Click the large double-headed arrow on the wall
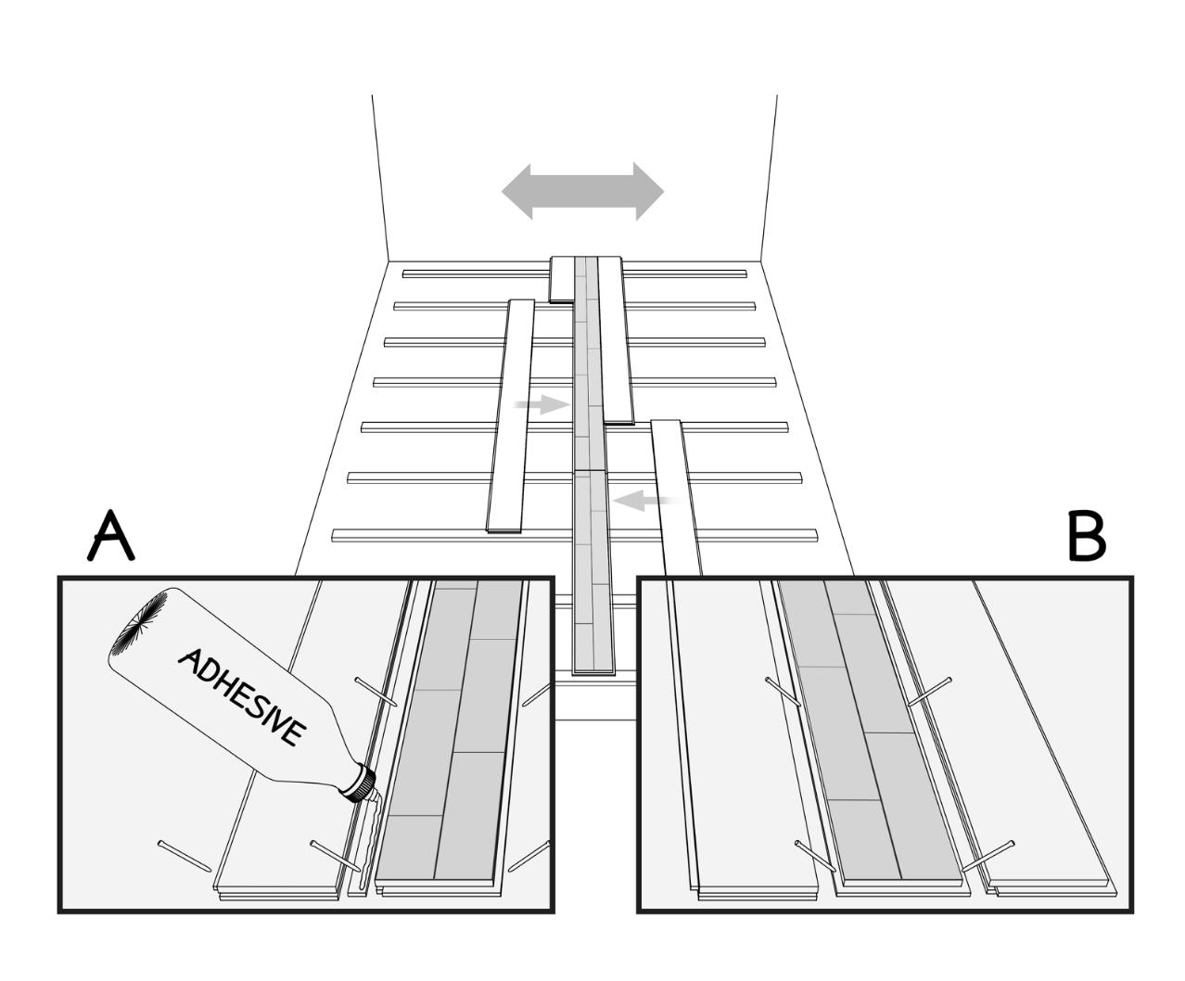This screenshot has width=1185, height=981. tap(582, 191)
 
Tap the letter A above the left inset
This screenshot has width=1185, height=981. tap(111, 536)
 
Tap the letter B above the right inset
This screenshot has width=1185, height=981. tap(1086, 536)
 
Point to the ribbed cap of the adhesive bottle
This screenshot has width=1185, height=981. tap(357, 783)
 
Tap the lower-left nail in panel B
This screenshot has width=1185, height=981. tap(815, 855)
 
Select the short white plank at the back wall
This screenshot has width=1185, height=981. tap(562, 278)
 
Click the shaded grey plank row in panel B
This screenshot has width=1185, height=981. tap(862, 733)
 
